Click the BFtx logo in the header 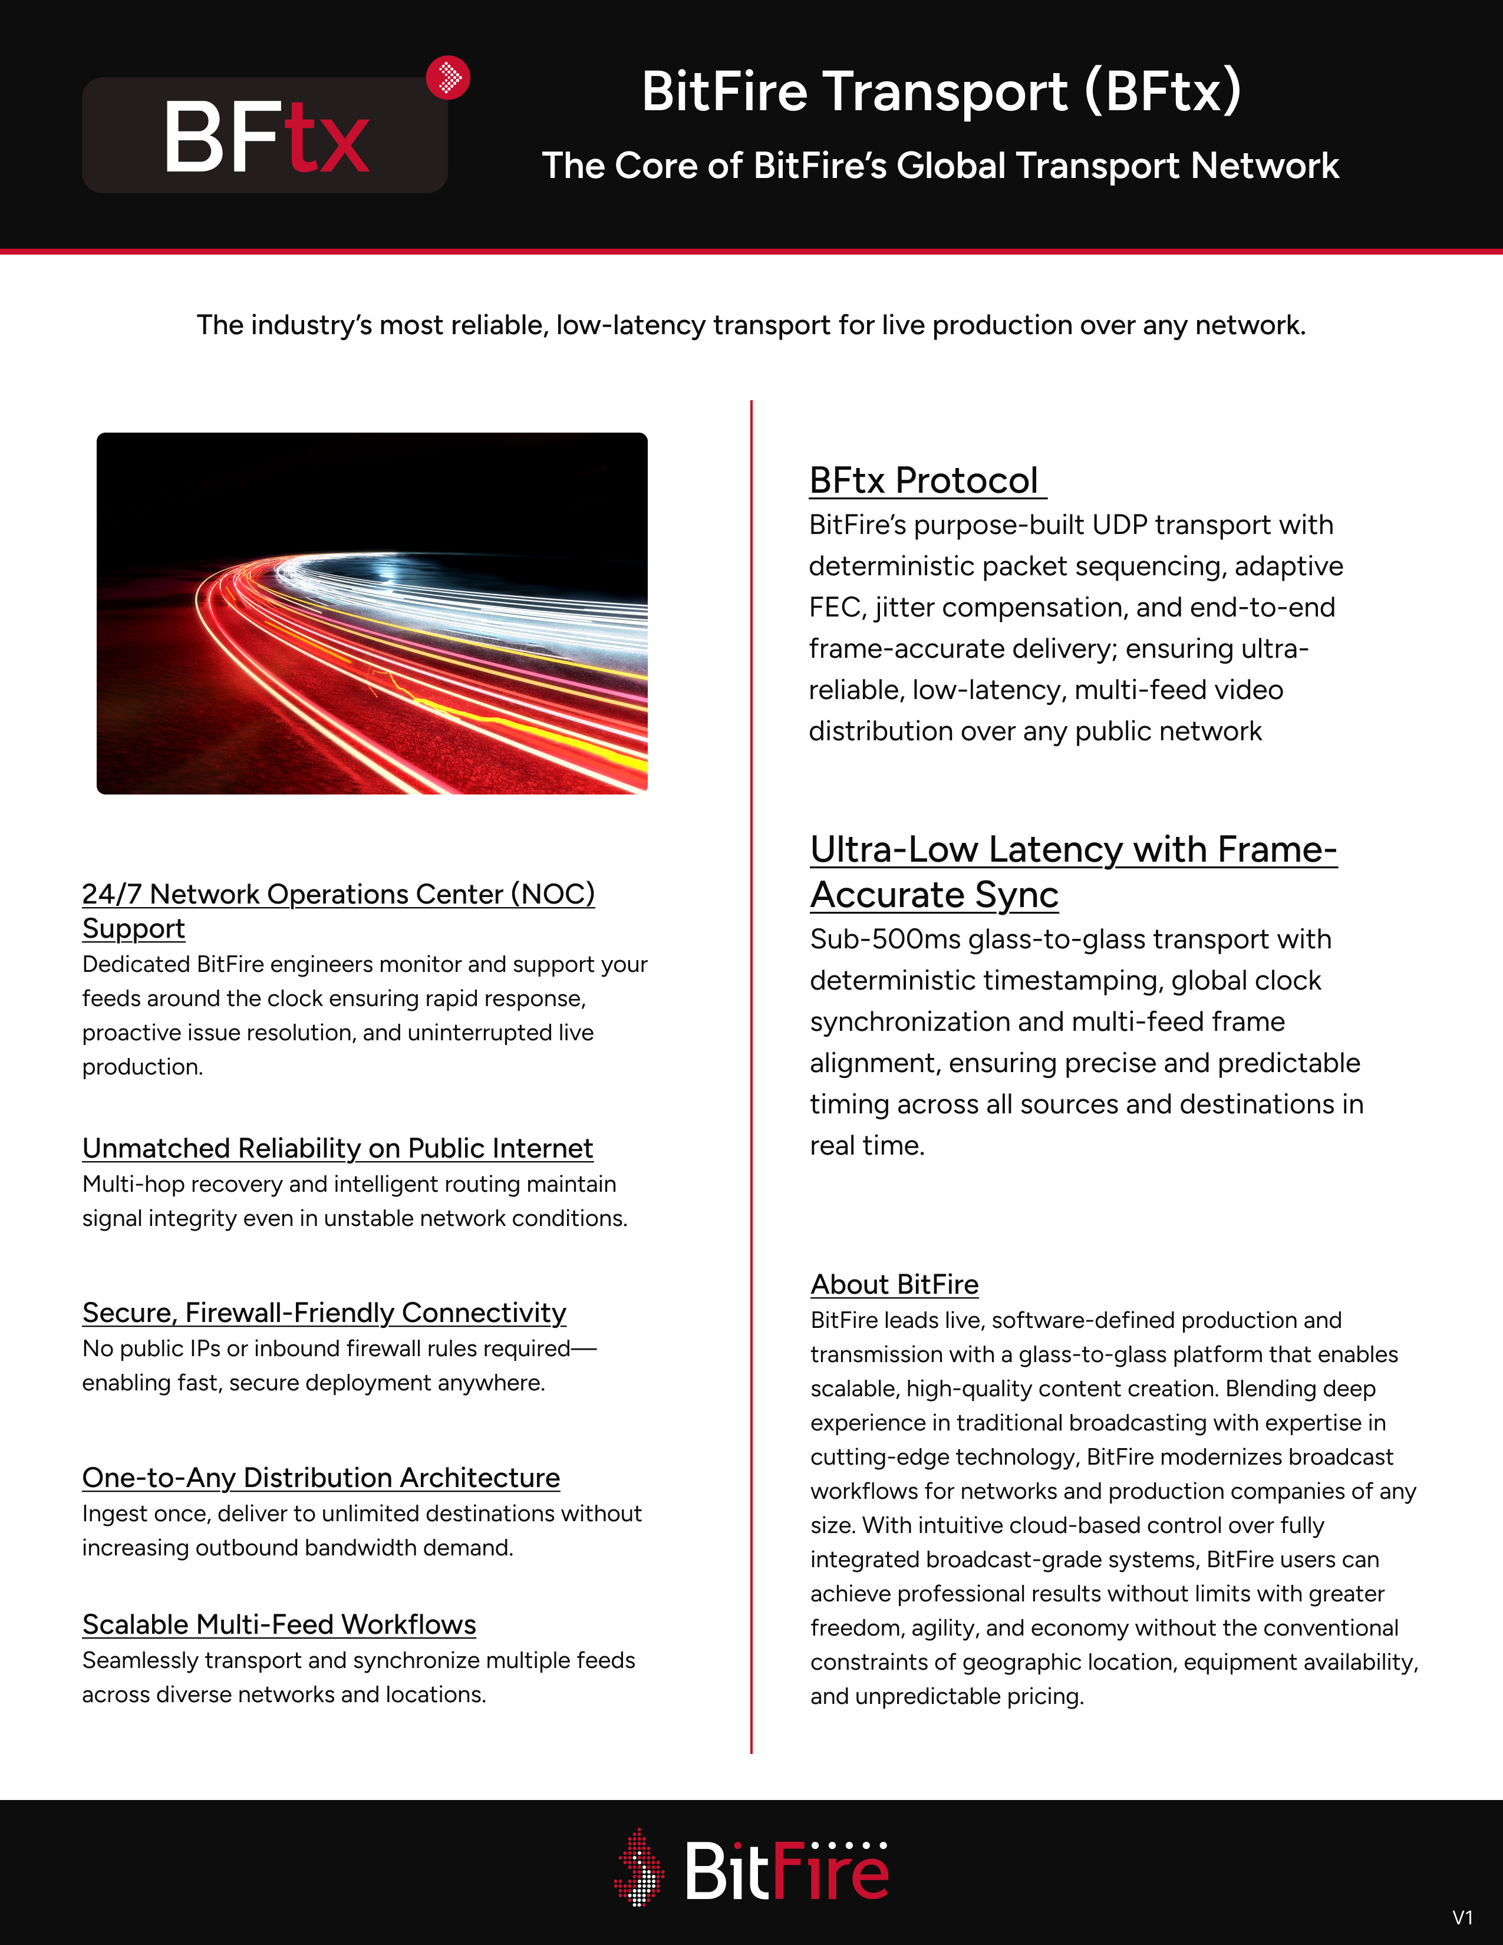(265, 136)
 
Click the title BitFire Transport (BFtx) (941, 92)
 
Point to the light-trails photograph (372, 613)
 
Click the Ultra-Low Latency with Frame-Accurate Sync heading (1073, 871)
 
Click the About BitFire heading (894, 1284)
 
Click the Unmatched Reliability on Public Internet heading (338, 1149)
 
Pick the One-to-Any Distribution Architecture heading (321, 1478)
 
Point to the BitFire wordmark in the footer (786, 1871)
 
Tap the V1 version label (1462, 1917)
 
